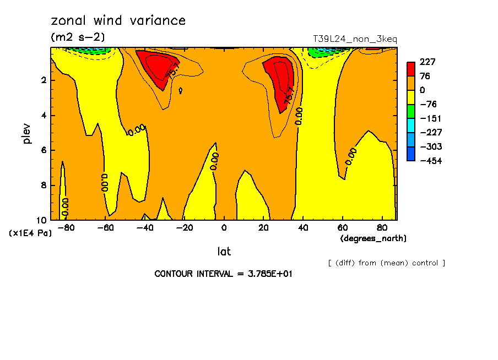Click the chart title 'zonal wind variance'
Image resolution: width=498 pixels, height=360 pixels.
click(118, 21)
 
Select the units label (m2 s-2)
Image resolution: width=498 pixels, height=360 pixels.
click(78, 37)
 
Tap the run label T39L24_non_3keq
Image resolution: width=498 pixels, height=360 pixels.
click(355, 39)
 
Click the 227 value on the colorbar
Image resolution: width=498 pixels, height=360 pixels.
click(427, 62)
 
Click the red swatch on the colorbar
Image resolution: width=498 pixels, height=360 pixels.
click(411, 69)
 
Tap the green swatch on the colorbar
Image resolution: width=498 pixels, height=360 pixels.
click(411, 111)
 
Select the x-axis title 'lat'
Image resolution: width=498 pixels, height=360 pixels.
click(224, 252)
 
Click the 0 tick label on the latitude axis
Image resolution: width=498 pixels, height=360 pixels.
click(224, 228)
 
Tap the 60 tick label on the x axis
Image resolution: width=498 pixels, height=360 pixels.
click(342, 228)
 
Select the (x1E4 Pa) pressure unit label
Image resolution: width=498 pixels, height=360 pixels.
click(30, 233)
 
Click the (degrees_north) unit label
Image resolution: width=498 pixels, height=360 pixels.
click(373, 238)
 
